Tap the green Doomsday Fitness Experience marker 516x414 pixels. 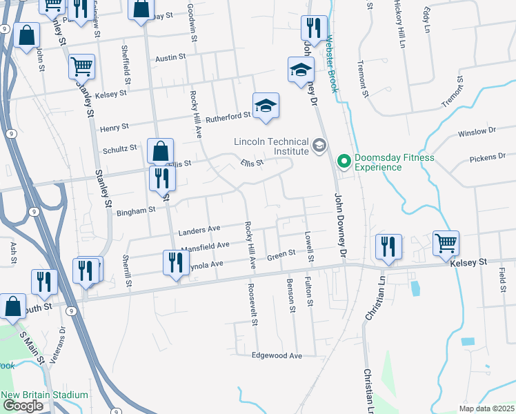[344, 161]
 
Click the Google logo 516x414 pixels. [23, 405]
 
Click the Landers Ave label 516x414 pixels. [199, 230]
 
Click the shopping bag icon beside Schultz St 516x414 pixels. [160, 150]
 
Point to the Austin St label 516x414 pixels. [171, 59]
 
